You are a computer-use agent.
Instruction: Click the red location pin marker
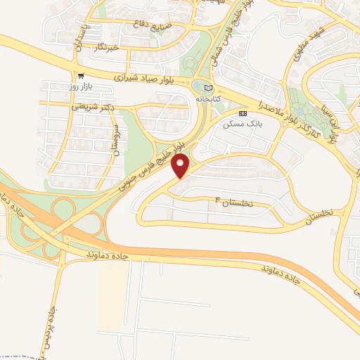pos(181,167)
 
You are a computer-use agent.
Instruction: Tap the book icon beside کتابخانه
pos(207,87)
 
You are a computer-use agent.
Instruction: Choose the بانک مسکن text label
pos(238,124)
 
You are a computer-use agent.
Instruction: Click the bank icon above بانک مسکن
pos(243,112)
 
